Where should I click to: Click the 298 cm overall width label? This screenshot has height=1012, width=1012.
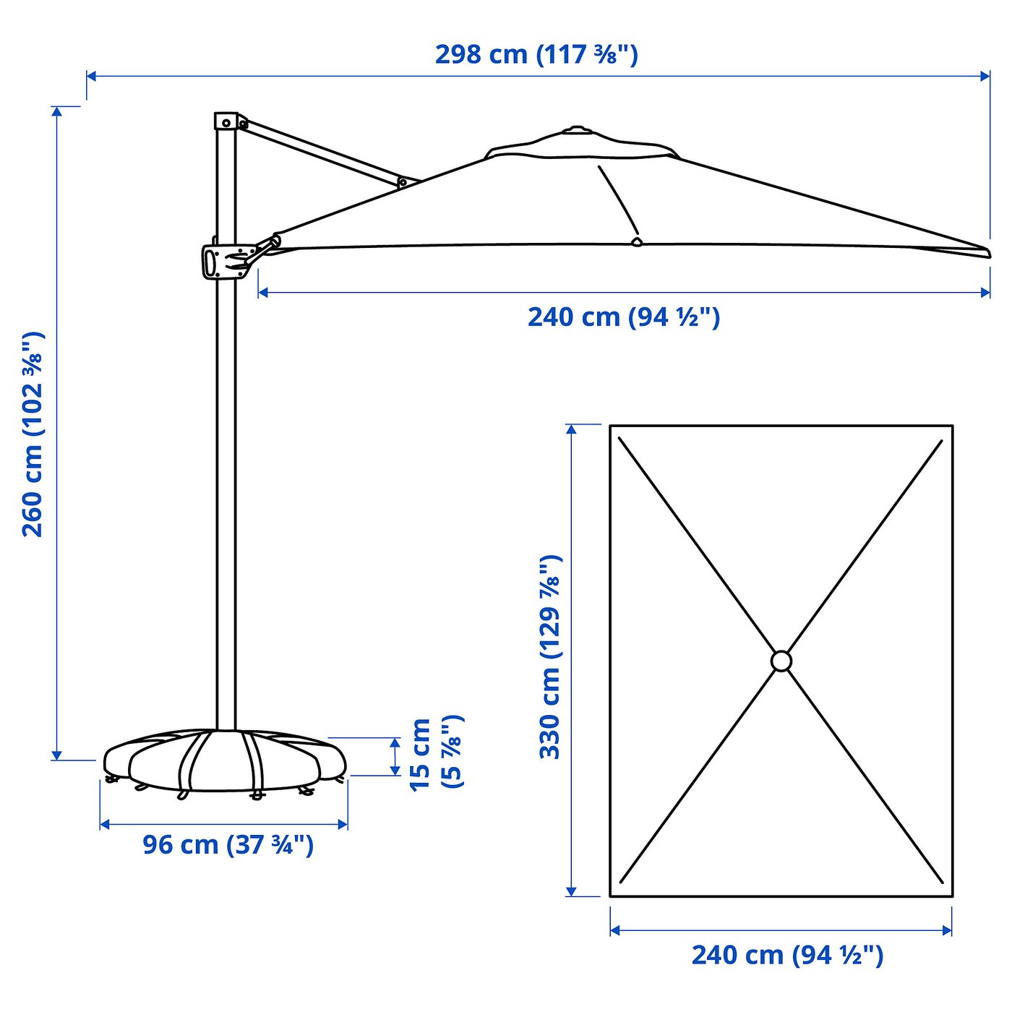click(536, 55)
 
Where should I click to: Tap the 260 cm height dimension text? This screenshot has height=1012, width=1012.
click(33, 434)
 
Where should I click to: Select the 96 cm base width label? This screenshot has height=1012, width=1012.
click(228, 844)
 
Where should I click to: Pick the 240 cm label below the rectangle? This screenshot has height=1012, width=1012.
click(787, 955)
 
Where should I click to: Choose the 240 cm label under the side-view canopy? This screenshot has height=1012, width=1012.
click(624, 317)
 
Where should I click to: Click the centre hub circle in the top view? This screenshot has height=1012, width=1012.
click(781, 661)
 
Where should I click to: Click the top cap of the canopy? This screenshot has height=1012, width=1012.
click(576, 130)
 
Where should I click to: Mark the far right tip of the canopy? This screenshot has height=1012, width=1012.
click(987, 252)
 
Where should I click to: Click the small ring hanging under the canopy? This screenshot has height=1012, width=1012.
click(636, 241)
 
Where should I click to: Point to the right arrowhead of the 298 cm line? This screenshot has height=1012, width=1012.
click(986, 76)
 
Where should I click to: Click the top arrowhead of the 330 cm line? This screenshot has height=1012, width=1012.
click(572, 429)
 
